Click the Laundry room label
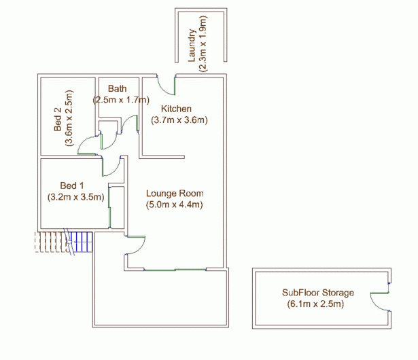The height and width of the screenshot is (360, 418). pos(192,46)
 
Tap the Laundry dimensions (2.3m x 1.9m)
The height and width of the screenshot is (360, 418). pos(203,44)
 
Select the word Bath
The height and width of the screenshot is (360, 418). pos(118,88)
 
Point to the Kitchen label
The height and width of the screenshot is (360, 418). pos(176,109)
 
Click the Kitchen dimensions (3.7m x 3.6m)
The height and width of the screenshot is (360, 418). pos(179,120)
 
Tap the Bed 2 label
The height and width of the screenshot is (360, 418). pos(58,119)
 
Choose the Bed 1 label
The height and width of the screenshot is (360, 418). pos(72,185)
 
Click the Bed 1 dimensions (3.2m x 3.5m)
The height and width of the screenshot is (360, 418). pos(75,197)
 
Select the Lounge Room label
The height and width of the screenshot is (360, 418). pos(175,193)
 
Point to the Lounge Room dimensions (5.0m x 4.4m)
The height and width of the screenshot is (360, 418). pos(175,204)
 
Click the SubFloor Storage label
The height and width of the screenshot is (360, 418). pos(318,293)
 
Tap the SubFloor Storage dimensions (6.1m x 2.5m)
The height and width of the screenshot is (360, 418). pos(315,304)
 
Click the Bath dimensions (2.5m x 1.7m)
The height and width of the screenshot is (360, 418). pos(121,100)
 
